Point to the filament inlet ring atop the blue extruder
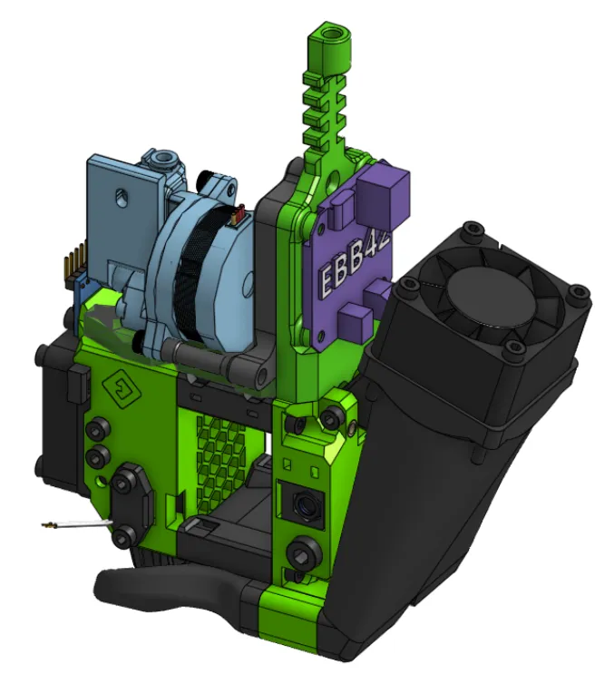click(164, 161)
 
